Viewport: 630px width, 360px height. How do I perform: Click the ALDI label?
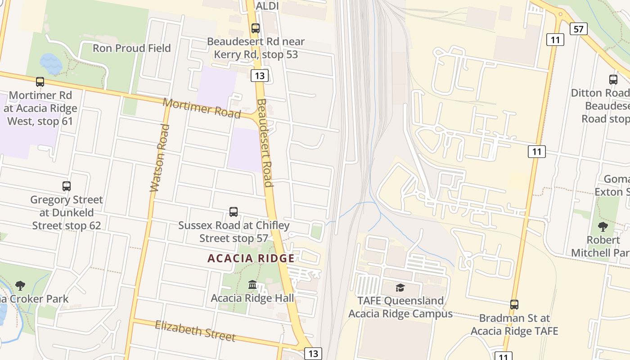[x=267, y=6]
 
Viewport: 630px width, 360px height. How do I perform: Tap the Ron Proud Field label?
[x=131, y=48]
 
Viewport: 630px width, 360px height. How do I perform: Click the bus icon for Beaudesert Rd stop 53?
[x=256, y=28]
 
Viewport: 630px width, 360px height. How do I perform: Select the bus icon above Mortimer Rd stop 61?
[x=40, y=82]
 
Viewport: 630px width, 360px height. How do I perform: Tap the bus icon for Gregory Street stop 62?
[x=67, y=186]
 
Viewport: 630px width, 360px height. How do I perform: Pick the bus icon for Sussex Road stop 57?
[x=234, y=212]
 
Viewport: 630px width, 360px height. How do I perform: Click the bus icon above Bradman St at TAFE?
[x=514, y=305]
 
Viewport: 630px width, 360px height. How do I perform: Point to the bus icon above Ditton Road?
[x=613, y=80]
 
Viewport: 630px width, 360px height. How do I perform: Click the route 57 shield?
[x=578, y=29]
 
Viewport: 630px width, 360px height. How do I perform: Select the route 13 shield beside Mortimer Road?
[x=260, y=76]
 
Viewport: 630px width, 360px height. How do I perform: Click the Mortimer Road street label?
[x=202, y=108]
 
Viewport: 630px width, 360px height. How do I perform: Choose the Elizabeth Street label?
[x=195, y=331]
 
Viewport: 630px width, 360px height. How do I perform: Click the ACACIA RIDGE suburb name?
[x=251, y=258]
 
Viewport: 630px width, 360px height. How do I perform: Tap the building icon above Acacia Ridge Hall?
[x=252, y=285]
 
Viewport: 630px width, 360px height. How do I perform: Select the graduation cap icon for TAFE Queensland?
[x=400, y=288]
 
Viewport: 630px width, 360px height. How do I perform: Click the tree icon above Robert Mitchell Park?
[x=603, y=227]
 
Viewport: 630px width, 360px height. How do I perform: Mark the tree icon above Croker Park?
[x=20, y=285]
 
